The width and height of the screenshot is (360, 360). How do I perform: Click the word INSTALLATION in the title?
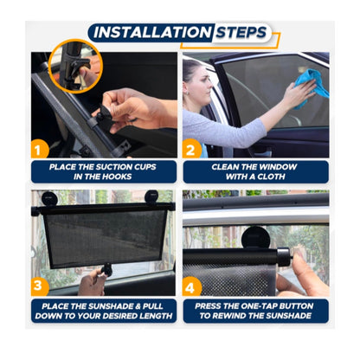coord(152,32)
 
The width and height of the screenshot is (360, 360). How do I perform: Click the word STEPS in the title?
coord(241,32)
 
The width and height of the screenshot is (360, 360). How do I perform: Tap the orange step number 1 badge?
coord(39,151)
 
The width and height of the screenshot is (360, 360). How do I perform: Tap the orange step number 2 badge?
coord(190,150)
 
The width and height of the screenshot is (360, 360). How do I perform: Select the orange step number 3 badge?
coord(39,286)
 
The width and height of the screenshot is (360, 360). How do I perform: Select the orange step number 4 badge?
coord(190,286)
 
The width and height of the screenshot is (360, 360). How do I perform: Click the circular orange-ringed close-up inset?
coord(75,66)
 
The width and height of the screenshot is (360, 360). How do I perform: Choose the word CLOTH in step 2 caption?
coord(271,177)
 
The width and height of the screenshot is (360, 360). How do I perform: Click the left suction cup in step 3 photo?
coord(49,199)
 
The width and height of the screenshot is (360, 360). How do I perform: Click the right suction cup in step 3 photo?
coord(151,197)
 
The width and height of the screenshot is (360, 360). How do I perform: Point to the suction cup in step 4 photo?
coord(254,237)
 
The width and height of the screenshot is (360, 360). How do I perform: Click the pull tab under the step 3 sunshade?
coord(106,270)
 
